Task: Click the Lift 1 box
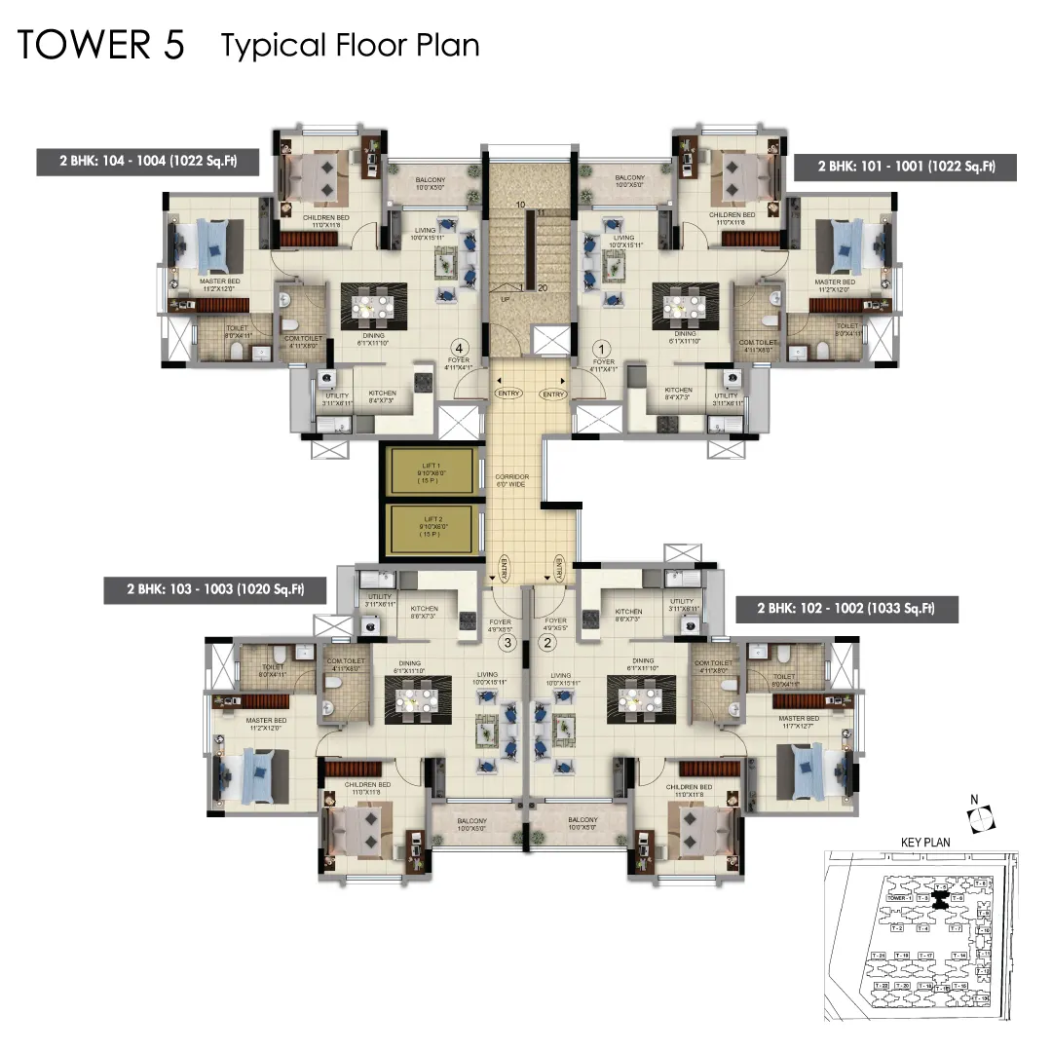coord(431,470)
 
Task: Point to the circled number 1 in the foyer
coord(601,348)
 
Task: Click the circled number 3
coord(507,642)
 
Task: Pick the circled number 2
coord(547,642)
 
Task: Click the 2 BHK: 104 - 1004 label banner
coord(148,162)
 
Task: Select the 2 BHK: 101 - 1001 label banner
coord(905,167)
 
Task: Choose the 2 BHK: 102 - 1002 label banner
coord(846,609)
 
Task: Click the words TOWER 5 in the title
coord(101,46)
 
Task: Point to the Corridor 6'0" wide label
coord(511,479)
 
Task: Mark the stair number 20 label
coord(542,286)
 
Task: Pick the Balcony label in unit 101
coord(629,181)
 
